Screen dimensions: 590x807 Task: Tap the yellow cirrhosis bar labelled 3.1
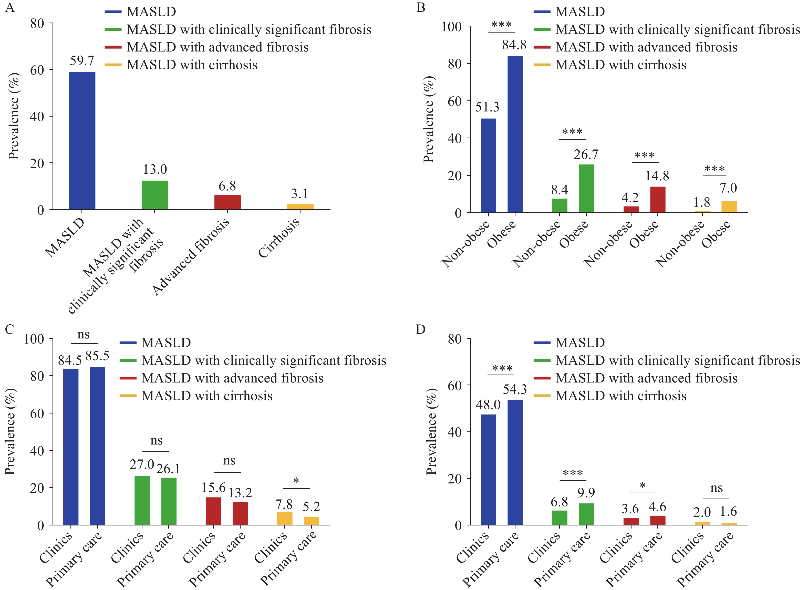[x=300, y=206]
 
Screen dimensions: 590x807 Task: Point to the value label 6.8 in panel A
[x=227, y=186]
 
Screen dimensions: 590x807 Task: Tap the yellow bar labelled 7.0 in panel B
[x=729, y=207]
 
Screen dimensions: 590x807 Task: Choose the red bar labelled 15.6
[x=213, y=511]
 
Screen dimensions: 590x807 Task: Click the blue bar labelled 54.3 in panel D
[x=515, y=462]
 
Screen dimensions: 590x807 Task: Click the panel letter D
[x=420, y=329]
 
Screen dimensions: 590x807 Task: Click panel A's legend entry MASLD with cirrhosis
[x=192, y=65]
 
